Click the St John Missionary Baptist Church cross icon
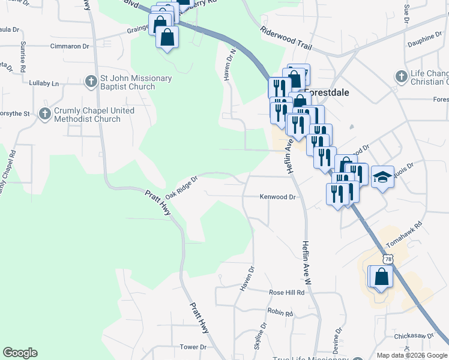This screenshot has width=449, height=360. (x=91, y=80)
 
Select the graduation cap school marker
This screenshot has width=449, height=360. (x=382, y=178)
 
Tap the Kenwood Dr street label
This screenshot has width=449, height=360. (x=277, y=197)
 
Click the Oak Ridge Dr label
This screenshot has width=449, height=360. (x=181, y=187)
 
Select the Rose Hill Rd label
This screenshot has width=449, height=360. (x=287, y=292)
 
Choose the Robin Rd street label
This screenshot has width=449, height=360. (x=280, y=313)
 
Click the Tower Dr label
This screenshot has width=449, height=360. (x=193, y=347)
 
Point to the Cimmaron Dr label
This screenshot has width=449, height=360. (x=70, y=46)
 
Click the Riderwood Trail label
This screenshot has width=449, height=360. (x=286, y=37)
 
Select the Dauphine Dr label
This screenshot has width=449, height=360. (x=424, y=40)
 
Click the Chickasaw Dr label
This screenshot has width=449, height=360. (x=414, y=336)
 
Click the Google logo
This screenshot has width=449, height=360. (x=20, y=353)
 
